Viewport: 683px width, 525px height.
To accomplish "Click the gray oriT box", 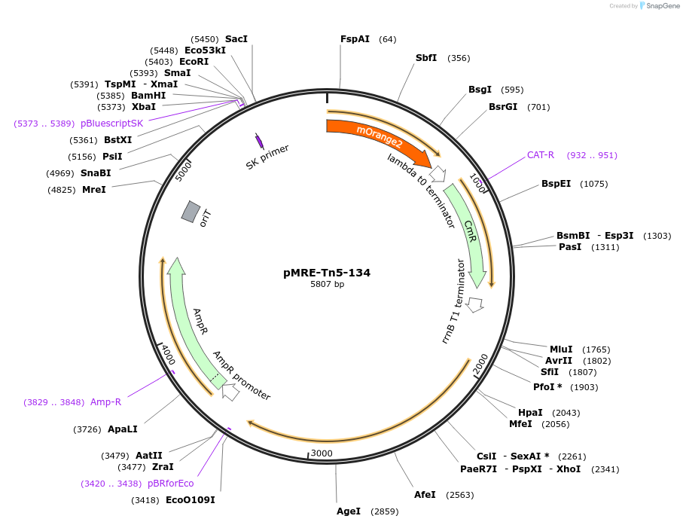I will tap(191, 212).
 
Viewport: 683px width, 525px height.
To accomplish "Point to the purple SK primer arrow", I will tap(259, 141).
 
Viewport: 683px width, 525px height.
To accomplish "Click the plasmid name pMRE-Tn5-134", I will tap(327, 273).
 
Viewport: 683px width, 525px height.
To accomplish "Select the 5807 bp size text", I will tap(327, 285).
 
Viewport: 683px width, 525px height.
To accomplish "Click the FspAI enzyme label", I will tap(355, 39).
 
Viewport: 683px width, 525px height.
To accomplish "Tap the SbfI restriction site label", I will tap(426, 58).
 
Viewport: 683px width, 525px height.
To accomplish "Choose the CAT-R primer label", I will tap(540, 155).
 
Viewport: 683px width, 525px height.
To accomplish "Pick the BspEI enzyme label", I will tap(556, 184).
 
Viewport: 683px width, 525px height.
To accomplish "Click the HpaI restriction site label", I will tap(530, 413).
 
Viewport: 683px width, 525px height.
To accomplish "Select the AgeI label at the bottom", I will tap(349, 511).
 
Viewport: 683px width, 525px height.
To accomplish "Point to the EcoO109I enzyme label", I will tap(190, 500).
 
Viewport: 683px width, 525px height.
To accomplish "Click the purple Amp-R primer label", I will tap(105, 402).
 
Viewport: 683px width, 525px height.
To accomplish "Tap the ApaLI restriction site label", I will tap(122, 429).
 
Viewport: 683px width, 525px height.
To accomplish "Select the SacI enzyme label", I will tap(236, 39).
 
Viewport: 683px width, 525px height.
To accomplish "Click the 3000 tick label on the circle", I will tap(322, 453).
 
